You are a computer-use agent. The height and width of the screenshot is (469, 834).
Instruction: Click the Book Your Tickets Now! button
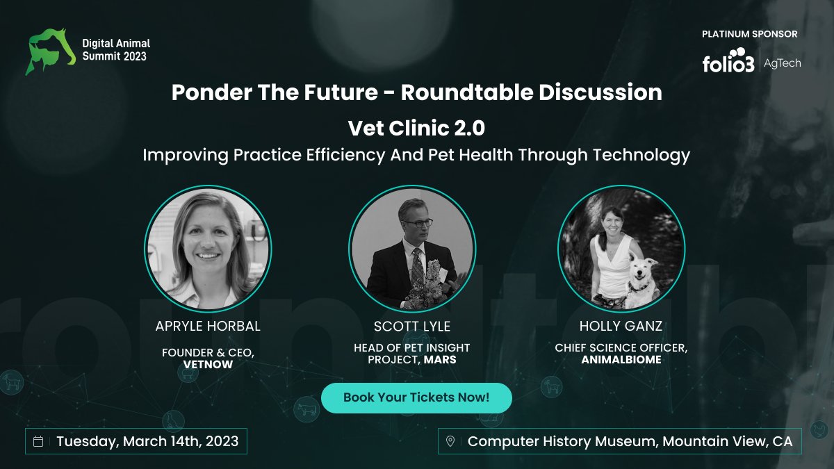(x=416, y=398)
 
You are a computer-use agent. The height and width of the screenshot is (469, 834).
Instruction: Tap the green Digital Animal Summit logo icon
(x=50, y=51)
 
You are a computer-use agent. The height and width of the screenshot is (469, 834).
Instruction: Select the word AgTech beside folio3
(x=783, y=63)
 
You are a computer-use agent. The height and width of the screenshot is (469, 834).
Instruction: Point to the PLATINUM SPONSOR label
(x=750, y=34)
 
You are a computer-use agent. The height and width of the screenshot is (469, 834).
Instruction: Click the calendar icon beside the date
(x=39, y=441)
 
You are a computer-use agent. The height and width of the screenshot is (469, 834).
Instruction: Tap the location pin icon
(x=450, y=441)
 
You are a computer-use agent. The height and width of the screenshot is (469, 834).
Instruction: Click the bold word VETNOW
(x=208, y=363)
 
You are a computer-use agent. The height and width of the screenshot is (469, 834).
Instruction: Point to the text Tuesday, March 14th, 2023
(x=147, y=441)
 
